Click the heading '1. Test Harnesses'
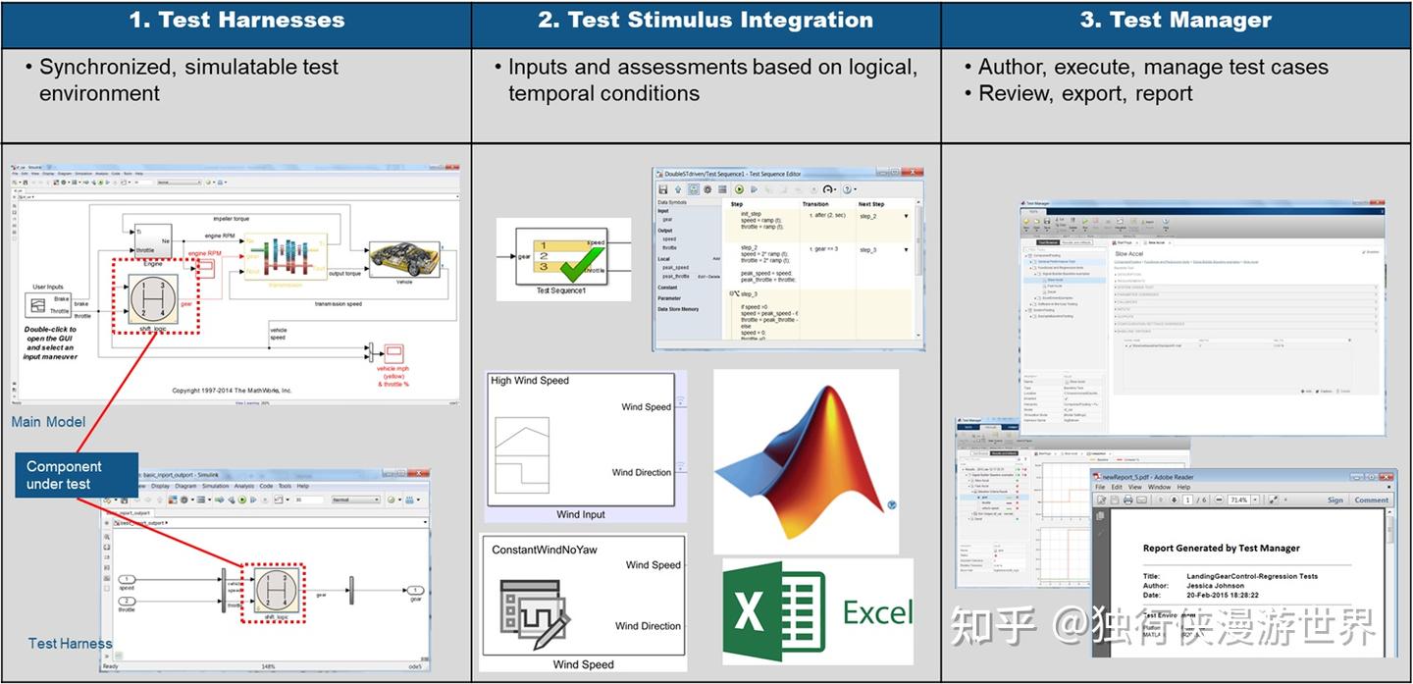point(236,20)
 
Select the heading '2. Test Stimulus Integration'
point(706,20)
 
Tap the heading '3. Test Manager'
point(1176,20)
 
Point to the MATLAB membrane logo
point(805,461)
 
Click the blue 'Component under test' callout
point(65,475)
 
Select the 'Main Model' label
point(48,422)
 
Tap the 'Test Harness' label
point(70,644)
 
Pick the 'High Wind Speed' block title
point(530,381)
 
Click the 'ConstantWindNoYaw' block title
point(545,550)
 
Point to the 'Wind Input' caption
point(581,514)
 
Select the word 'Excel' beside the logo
point(876,613)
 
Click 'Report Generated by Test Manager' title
point(1221,548)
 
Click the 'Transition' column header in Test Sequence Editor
point(814,204)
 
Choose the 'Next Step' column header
point(871,204)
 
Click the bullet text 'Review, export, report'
point(1085,93)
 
